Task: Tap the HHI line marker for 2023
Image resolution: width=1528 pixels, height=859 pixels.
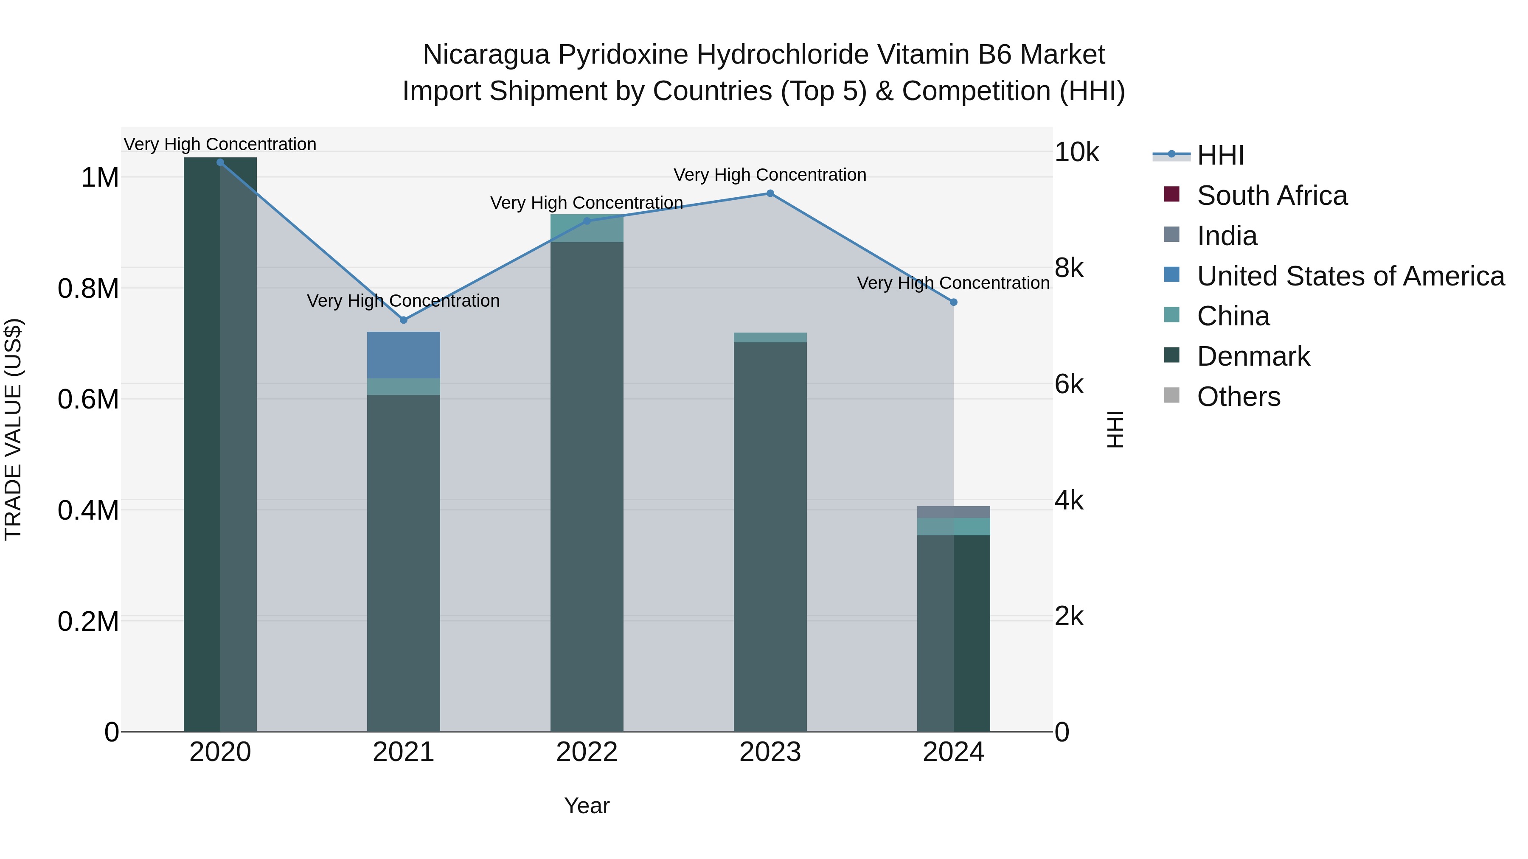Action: (770, 193)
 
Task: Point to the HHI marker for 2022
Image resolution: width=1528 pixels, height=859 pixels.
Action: (587, 221)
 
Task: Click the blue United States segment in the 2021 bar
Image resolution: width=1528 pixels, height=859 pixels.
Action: (403, 355)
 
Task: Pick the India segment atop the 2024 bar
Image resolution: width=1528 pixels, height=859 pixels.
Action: (953, 512)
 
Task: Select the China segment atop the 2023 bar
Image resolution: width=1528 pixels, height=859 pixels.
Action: (770, 337)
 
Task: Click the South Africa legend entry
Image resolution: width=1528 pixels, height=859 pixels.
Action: (1272, 196)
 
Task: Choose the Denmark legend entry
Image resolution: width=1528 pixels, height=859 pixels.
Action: (1253, 356)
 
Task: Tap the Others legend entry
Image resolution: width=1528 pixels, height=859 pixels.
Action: (1238, 397)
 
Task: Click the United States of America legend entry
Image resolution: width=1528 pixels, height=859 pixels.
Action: (1350, 276)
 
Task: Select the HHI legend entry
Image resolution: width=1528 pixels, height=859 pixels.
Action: (1220, 155)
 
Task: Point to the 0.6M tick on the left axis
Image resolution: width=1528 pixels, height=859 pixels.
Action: (88, 400)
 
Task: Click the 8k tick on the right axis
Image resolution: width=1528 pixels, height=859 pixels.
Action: (1069, 269)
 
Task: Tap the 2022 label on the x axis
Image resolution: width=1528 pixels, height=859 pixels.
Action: (587, 752)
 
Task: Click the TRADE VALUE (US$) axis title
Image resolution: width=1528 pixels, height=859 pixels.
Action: (13, 429)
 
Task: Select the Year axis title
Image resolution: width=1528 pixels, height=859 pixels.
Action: (587, 806)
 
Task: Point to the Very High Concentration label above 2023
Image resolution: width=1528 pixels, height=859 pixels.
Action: (770, 175)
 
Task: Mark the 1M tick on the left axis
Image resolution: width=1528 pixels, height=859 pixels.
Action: (100, 178)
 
